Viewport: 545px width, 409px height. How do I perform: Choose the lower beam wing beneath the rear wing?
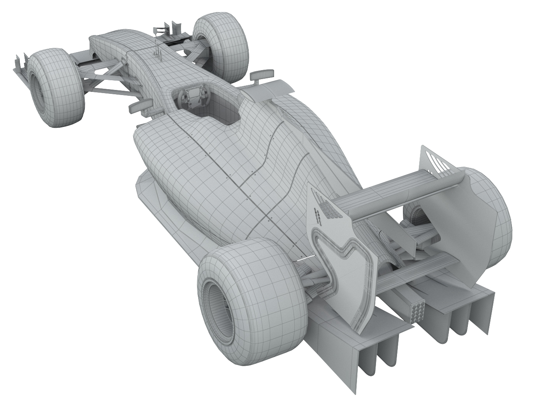coord(417,269)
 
